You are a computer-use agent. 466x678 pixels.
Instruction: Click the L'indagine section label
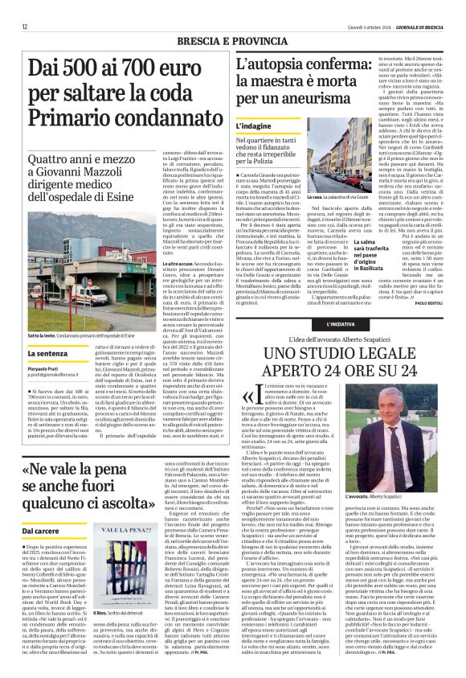click(x=255, y=126)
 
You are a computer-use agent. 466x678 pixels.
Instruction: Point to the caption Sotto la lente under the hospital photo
click(x=43, y=335)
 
